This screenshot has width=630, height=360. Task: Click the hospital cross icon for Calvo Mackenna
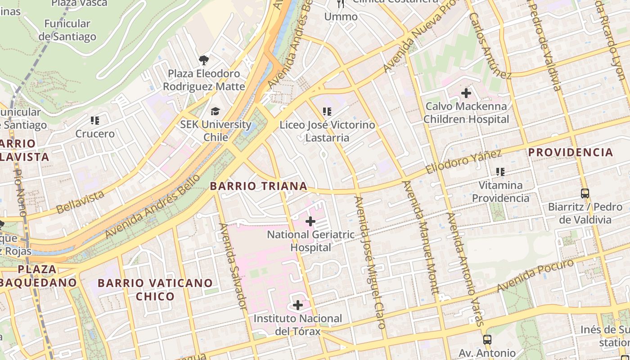[466, 93]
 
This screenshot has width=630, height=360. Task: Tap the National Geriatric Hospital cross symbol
[310, 221]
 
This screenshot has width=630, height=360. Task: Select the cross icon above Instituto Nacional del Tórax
[298, 305]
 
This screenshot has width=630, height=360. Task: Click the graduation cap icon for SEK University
[216, 111]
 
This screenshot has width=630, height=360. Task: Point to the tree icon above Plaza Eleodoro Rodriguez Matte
[203, 60]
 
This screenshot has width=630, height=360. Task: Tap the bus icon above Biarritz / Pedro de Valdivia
[585, 193]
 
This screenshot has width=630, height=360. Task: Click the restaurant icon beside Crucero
[94, 120]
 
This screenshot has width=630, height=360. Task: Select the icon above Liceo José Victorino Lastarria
[327, 111]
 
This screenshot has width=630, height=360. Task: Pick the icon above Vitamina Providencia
[500, 171]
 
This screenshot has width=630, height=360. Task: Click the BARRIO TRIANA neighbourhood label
[259, 186]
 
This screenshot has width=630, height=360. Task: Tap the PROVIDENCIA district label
[571, 152]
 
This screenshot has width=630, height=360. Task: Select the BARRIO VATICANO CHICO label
[155, 289]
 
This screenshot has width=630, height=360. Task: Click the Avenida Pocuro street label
[535, 274]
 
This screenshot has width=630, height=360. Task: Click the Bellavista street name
[80, 202]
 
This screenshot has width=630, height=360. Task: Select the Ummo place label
[341, 17]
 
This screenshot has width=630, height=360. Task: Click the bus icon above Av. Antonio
[487, 339]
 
